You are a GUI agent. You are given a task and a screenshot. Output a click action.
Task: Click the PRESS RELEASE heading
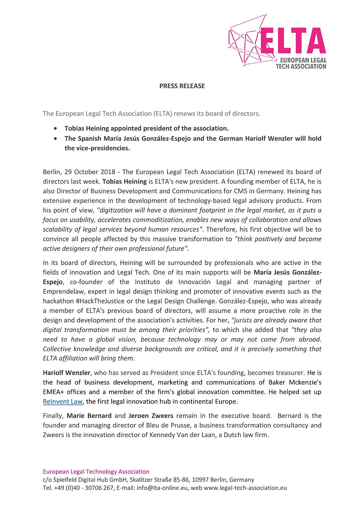point(182,86)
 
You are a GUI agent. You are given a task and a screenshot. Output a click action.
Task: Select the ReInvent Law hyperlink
point(63,401)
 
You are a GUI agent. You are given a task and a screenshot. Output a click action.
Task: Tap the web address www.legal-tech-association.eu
point(245,488)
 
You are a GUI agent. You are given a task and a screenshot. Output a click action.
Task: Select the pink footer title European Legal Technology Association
point(96,472)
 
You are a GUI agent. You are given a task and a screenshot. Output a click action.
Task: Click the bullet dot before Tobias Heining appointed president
point(55,129)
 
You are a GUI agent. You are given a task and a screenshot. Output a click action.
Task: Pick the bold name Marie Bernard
point(89,416)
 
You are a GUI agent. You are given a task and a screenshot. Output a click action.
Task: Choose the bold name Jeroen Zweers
point(151,416)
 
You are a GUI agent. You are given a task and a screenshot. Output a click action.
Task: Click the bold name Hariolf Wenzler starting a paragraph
point(66,373)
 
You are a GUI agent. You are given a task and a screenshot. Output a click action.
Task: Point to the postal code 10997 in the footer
point(200,480)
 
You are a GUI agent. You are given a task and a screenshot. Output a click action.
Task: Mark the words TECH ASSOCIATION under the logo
point(301,66)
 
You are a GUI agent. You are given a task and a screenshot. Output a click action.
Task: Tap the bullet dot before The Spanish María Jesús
point(55,139)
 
